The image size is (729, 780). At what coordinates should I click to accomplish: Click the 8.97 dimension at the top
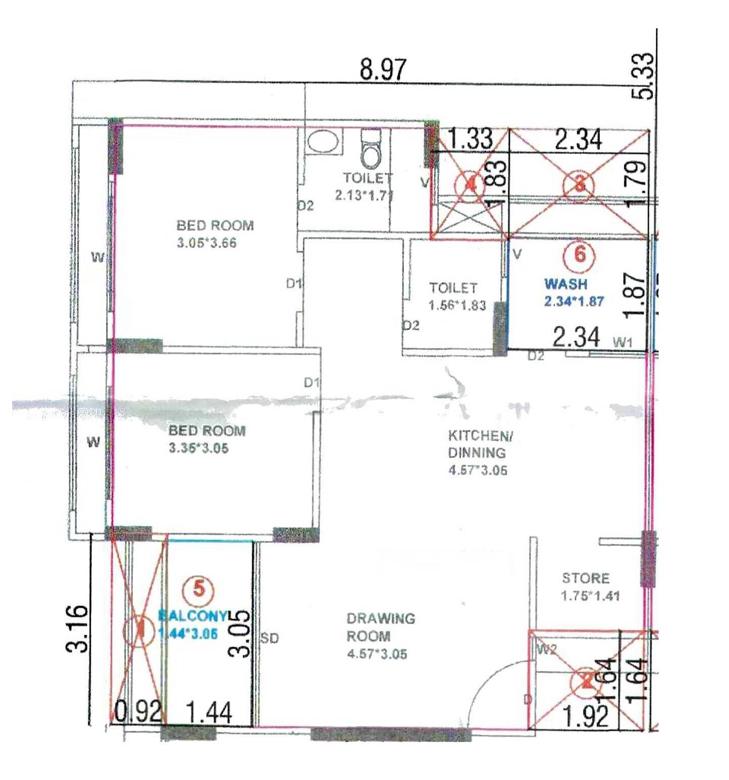point(383,69)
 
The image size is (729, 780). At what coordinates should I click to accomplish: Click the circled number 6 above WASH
point(580,254)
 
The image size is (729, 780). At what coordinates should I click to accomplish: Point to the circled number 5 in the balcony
point(199,589)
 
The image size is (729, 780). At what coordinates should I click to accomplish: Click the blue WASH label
point(565,284)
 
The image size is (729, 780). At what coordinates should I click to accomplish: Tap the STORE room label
point(586,578)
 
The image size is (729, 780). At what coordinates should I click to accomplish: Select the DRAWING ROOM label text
point(381,627)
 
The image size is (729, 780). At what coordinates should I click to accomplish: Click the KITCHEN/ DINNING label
point(477,444)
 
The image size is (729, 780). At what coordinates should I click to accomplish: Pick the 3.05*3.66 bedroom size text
point(207,243)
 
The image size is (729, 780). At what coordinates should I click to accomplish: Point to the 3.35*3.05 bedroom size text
point(199,448)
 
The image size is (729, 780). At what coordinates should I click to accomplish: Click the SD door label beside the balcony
point(270,639)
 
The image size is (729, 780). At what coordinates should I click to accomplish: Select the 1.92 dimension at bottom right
point(585,716)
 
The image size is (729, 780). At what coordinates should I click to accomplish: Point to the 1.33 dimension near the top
point(470,139)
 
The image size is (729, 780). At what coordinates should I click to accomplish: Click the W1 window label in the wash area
point(623,342)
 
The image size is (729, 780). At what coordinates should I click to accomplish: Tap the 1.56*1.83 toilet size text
point(457,305)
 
